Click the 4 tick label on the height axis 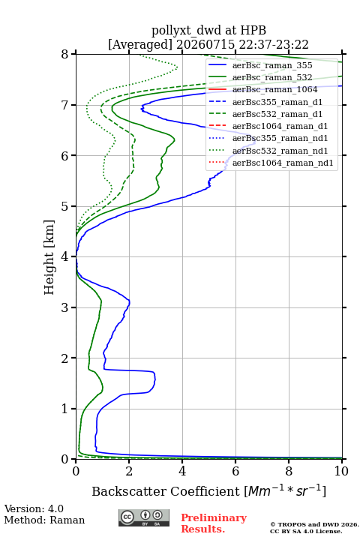(x=65, y=256)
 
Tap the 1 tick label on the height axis (x=65, y=409)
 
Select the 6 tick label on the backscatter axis (x=235, y=471)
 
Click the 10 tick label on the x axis (x=342, y=471)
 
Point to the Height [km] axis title (x=49, y=257)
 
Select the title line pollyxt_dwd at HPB (x=208, y=31)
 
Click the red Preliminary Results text (x=214, y=523)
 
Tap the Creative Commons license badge (x=144, y=518)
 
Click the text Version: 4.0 (x=34, y=508)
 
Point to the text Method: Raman (x=44, y=520)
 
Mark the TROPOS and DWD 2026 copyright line (x=314, y=524)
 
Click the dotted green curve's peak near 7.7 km (x=177, y=67)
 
